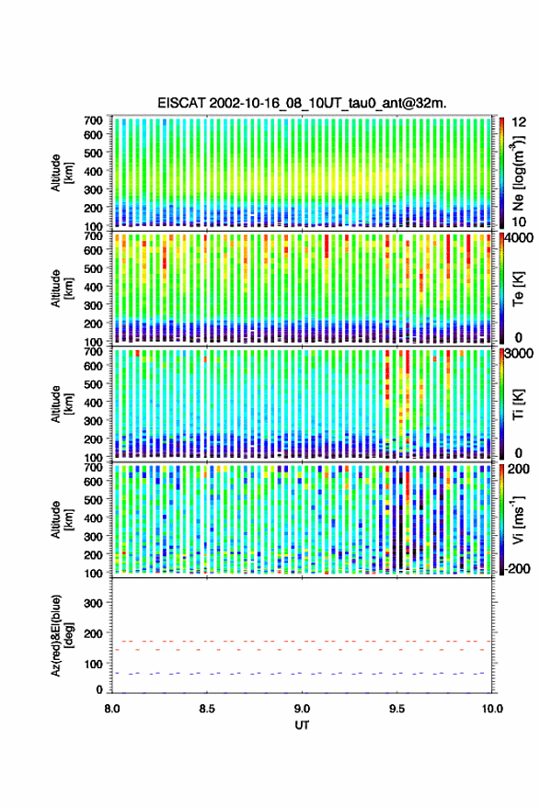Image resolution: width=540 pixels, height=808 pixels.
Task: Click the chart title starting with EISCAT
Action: (x=303, y=103)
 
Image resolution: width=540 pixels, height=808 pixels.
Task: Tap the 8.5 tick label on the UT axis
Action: (x=207, y=709)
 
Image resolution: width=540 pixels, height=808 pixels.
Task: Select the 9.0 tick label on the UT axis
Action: (x=302, y=709)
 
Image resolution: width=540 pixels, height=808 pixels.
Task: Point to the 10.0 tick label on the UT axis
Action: (x=492, y=709)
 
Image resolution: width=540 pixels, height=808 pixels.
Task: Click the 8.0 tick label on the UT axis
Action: (x=112, y=709)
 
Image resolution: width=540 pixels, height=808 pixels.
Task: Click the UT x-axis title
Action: (x=302, y=725)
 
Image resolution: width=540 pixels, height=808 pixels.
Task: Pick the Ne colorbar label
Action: (x=518, y=173)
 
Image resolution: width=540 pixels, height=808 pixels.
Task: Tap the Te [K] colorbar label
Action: (x=518, y=289)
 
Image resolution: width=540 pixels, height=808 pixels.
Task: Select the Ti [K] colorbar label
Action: (x=518, y=404)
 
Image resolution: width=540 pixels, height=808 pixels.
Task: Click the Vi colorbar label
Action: (x=518, y=519)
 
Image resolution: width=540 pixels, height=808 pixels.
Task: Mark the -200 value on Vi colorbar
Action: (x=518, y=569)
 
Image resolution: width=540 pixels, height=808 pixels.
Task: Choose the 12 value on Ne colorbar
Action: (x=519, y=122)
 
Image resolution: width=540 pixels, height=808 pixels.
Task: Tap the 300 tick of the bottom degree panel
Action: (x=93, y=603)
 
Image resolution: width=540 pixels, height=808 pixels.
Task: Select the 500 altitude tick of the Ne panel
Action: (x=93, y=153)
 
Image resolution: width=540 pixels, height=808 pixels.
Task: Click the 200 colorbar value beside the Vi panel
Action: (x=519, y=469)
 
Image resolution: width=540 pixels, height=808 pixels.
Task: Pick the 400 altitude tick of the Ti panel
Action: (x=93, y=403)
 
